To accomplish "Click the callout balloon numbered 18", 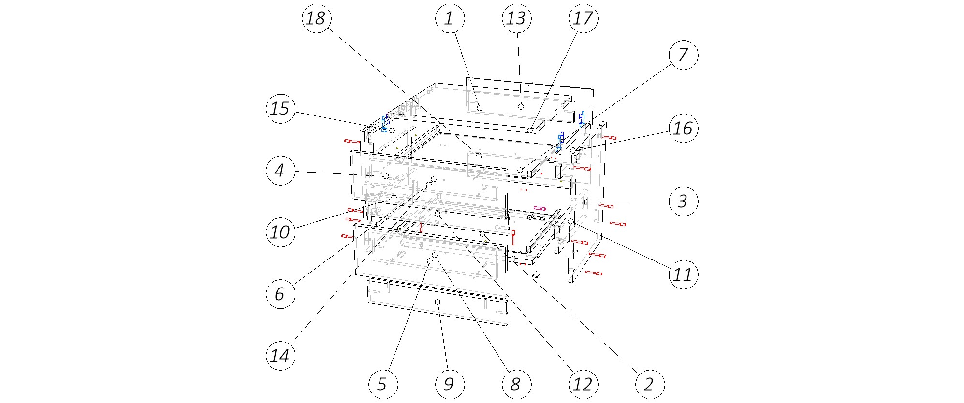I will tap(316, 18).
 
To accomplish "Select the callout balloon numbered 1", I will tap(450, 18).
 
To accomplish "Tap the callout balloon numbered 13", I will tap(516, 18).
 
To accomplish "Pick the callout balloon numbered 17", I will tap(583, 18).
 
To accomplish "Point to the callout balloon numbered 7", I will tap(683, 55).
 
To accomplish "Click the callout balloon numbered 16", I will tap(683, 128).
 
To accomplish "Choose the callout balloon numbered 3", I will tap(683, 201).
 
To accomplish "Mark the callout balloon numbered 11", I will tap(683, 274).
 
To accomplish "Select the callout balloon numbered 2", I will tap(650, 384).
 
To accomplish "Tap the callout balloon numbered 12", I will tap(583, 384).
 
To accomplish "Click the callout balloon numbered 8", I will tap(516, 384).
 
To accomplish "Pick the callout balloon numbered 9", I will tap(450, 384).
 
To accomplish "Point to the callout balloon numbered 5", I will tap(383, 384).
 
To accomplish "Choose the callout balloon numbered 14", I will tap(280, 356).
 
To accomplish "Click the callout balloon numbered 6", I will tap(280, 293).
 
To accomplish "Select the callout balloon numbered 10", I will tap(280, 232).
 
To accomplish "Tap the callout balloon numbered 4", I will tap(280, 170).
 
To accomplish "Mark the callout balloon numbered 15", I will tap(280, 108).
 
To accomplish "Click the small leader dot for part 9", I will tap(438, 302).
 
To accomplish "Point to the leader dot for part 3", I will tap(586, 202).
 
